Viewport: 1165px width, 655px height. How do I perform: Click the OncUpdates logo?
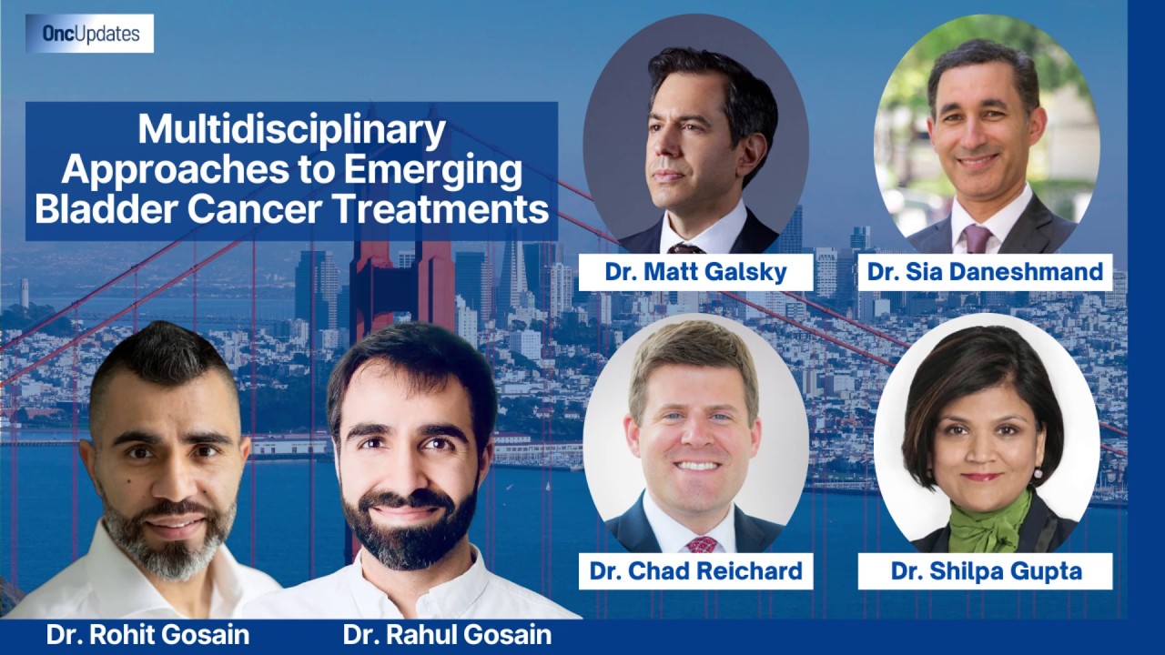(x=89, y=34)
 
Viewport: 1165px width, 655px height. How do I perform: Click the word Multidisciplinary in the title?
(x=292, y=130)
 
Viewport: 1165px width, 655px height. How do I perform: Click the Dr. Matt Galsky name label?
(x=696, y=272)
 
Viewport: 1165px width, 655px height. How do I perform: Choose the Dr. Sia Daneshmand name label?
(x=985, y=272)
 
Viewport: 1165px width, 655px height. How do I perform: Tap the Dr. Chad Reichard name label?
(x=696, y=570)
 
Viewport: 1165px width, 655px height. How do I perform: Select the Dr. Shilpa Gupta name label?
(x=985, y=570)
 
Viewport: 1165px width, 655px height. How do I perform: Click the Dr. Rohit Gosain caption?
(x=147, y=635)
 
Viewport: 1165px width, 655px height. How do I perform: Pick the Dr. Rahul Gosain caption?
(x=447, y=635)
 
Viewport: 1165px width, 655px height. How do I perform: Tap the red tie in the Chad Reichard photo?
(x=702, y=544)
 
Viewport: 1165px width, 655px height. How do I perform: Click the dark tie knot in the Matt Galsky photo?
(x=685, y=248)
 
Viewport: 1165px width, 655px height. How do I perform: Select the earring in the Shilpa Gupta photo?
(x=1038, y=473)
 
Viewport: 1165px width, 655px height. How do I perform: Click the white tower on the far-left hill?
(x=25, y=293)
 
